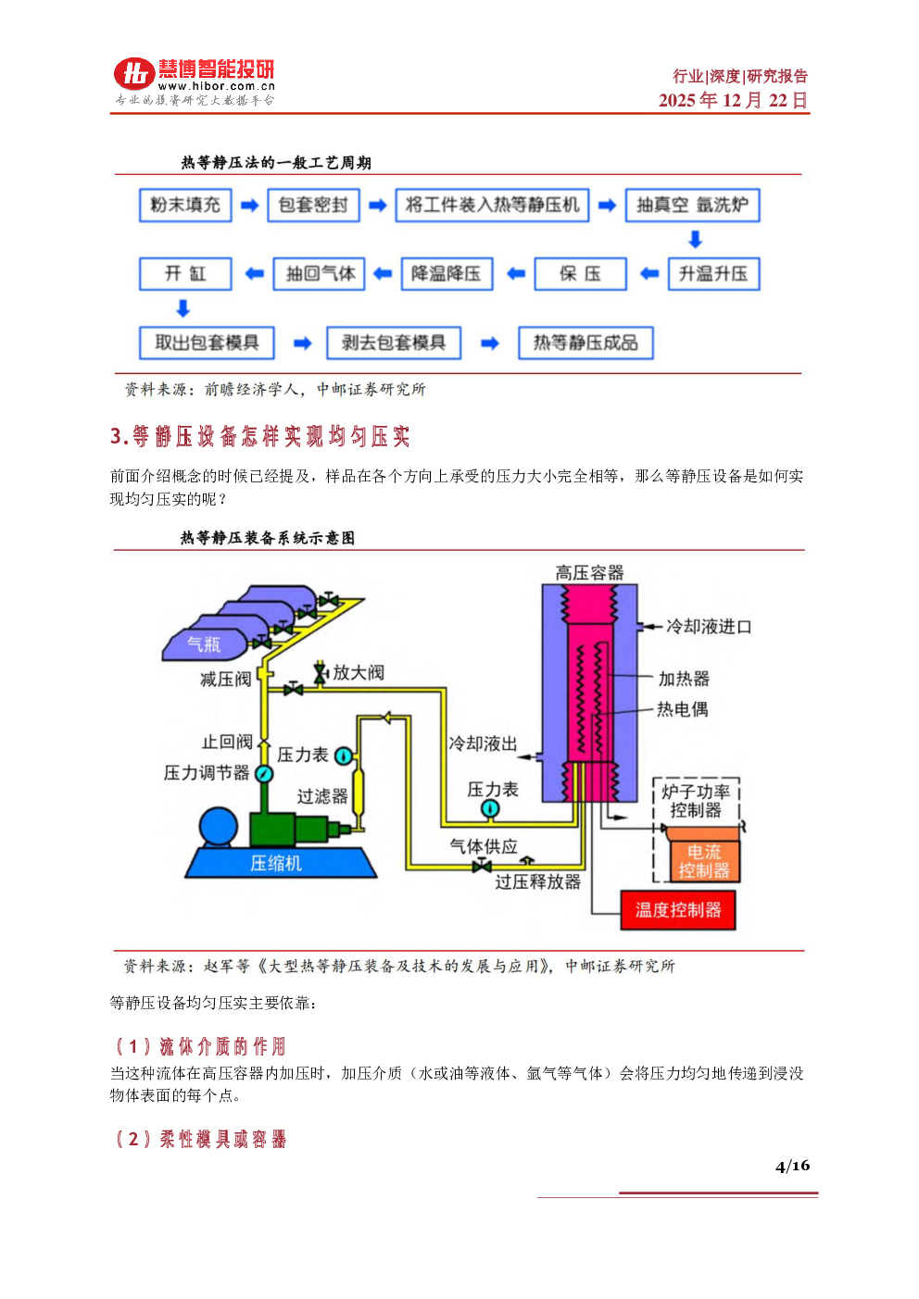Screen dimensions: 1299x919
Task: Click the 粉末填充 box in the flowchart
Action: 185,205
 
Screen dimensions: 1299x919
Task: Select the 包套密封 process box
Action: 313,205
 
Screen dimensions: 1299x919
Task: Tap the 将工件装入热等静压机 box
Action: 492,205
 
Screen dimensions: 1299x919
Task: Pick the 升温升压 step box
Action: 713,273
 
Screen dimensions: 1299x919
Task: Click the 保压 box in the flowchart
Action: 580,273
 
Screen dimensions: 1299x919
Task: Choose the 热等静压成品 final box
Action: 585,343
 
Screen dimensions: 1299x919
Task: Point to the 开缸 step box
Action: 185,273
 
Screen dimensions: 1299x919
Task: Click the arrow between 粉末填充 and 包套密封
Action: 249,206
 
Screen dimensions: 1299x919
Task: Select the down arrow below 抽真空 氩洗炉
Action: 695,240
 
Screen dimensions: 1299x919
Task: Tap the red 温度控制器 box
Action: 677,909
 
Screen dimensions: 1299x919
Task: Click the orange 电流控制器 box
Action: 703,861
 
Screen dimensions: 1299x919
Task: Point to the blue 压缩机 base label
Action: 276,863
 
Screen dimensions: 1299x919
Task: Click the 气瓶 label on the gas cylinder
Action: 204,644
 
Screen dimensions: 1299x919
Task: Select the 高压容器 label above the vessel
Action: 589,573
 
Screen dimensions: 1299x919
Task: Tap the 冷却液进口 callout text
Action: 709,627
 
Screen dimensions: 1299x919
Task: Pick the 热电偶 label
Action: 683,709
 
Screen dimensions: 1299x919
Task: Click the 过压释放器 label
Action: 537,881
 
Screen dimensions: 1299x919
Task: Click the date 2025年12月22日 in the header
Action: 733,100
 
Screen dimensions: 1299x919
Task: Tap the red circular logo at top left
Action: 134,74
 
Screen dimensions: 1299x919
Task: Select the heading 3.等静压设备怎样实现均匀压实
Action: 259,436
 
